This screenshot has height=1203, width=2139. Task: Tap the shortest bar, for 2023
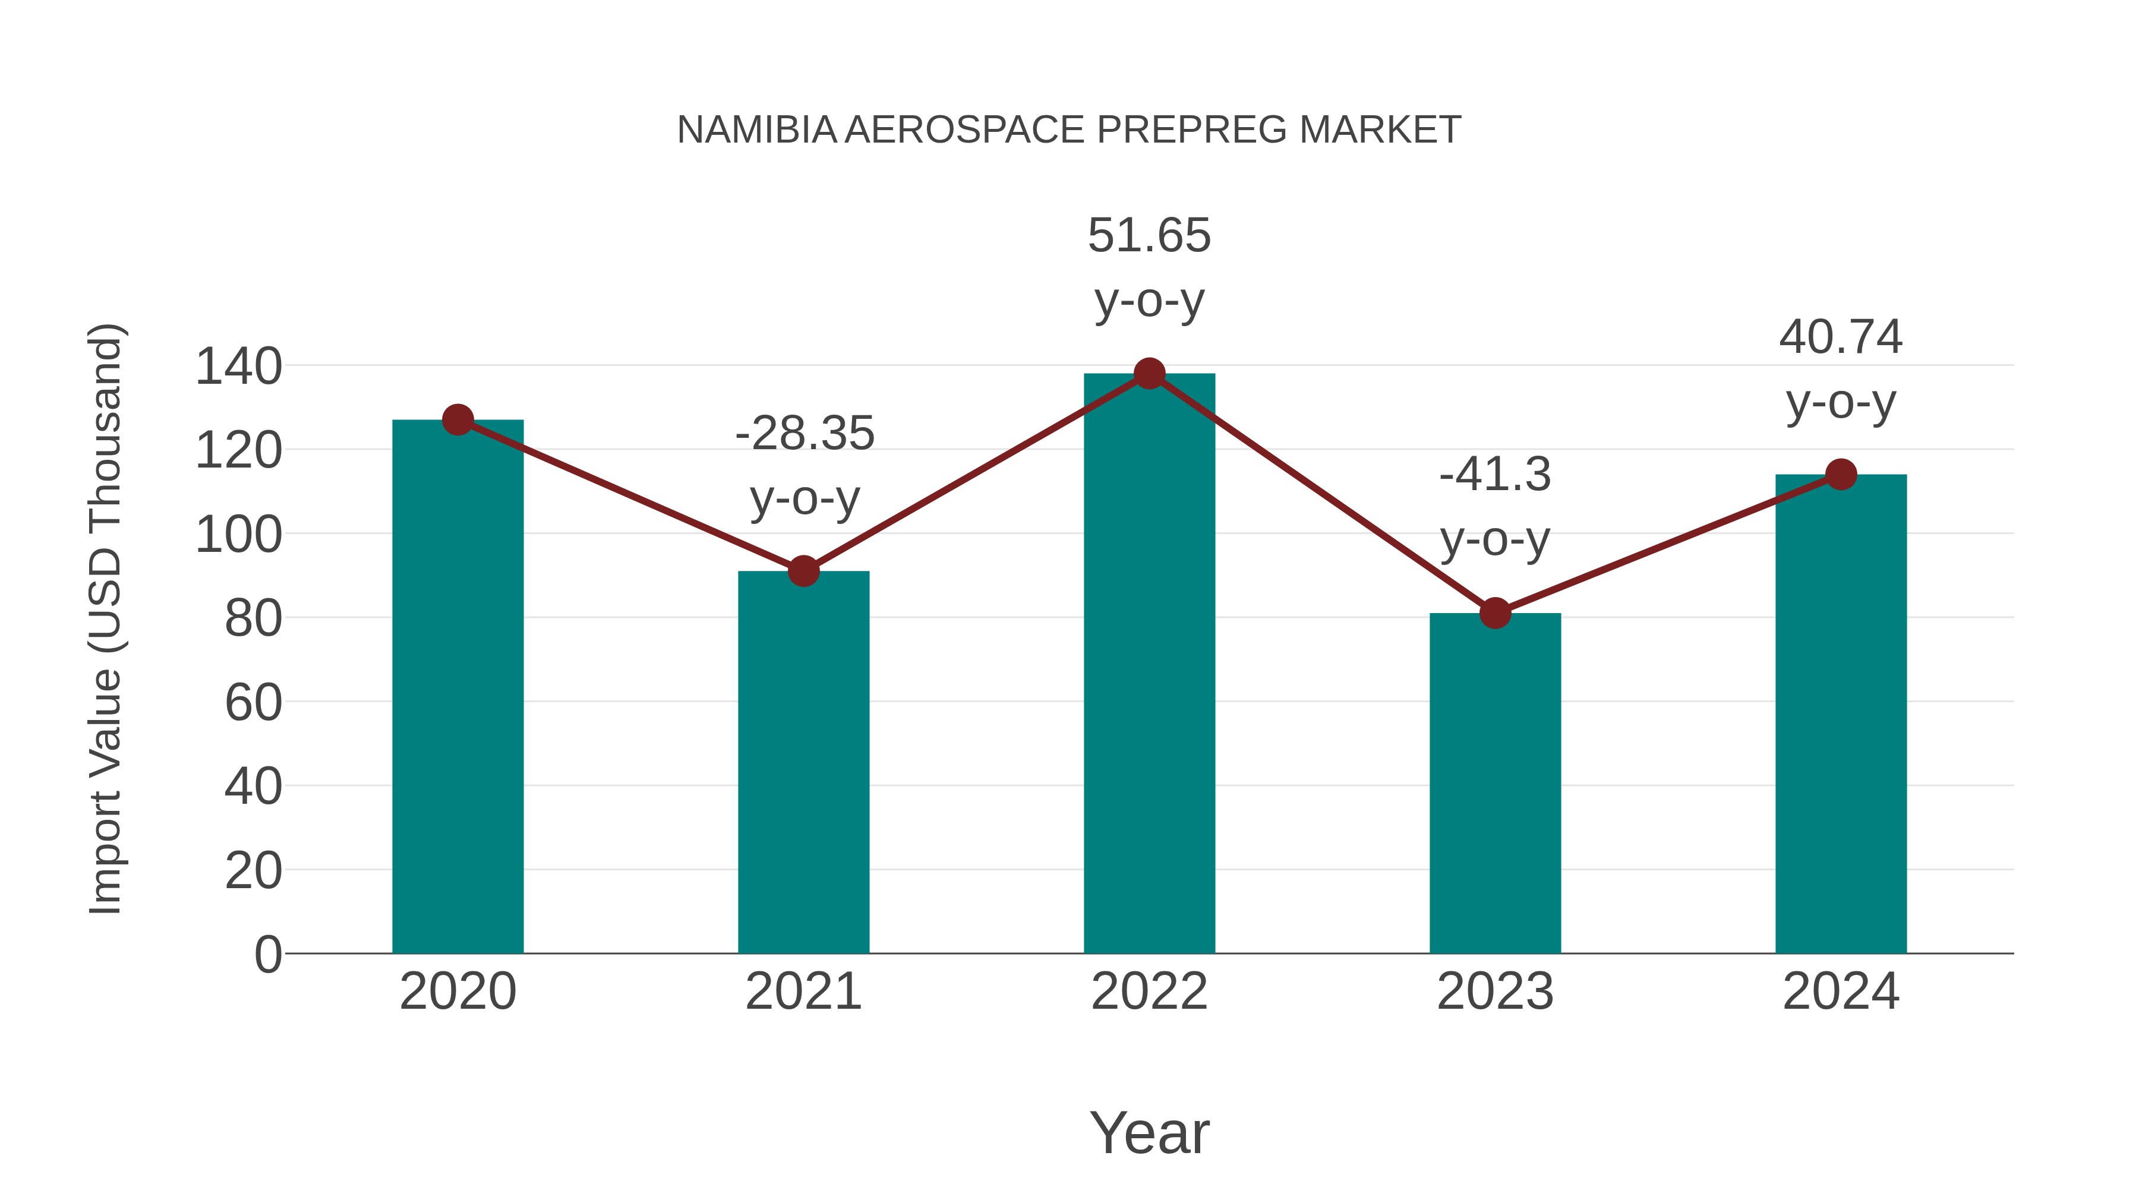(1495, 789)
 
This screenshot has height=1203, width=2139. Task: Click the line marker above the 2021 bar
(803, 571)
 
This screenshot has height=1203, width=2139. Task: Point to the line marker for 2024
(1841, 474)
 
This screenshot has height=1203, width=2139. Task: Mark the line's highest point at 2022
(1149, 374)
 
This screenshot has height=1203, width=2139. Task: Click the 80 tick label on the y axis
(253, 618)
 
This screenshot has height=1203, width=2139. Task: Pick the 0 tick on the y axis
(267, 955)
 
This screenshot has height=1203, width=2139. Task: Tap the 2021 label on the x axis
(803, 992)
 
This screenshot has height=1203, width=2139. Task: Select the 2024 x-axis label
(1841, 992)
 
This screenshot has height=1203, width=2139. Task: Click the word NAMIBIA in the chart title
(756, 130)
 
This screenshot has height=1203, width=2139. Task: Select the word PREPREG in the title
(1192, 130)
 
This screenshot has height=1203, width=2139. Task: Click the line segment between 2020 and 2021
(630, 495)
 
